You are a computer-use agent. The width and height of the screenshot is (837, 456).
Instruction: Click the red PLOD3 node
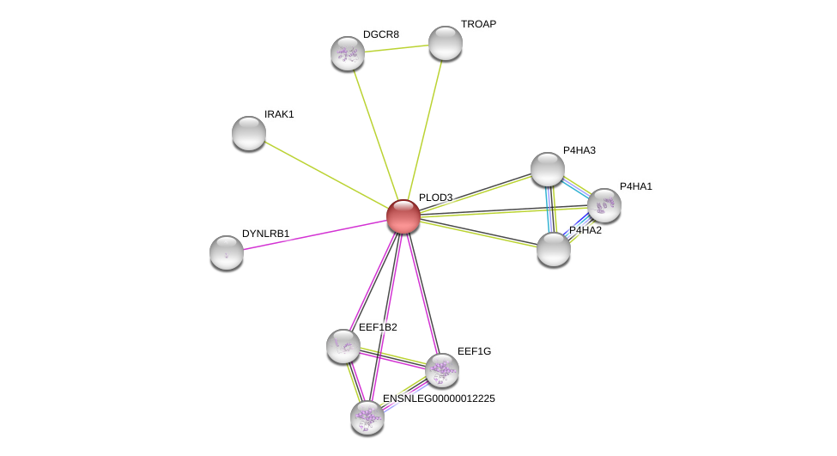click(x=403, y=216)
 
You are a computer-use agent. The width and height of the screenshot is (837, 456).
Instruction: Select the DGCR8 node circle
click(x=348, y=53)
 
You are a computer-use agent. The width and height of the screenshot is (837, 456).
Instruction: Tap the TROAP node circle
click(x=446, y=43)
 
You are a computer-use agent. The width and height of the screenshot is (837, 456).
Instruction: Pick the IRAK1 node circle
click(x=249, y=133)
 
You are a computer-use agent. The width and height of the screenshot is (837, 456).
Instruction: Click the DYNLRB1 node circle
click(x=227, y=252)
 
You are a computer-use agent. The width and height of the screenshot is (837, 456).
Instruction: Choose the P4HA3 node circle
click(x=548, y=169)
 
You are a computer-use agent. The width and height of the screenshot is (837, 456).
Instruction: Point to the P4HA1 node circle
click(x=604, y=205)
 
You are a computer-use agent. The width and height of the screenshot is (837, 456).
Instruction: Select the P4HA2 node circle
click(x=554, y=249)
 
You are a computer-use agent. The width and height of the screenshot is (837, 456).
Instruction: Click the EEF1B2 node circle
click(x=343, y=346)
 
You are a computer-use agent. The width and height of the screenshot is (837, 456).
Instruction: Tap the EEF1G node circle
click(x=442, y=370)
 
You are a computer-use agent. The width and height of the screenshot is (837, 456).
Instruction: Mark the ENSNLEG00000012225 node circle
click(x=367, y=417)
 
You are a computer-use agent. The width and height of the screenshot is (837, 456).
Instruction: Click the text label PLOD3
click(x=435, y=198)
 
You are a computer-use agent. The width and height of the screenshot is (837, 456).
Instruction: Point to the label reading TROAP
click(x=478, y=24)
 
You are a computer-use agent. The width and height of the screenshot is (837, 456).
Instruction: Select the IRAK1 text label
click(x=279, y=114)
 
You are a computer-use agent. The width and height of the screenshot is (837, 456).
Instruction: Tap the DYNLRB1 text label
click(x=265, y=234)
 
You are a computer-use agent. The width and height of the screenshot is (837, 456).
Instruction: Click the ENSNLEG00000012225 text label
click(x=439, y=398)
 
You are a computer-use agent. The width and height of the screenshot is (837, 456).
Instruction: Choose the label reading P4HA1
click(x=635, y=186)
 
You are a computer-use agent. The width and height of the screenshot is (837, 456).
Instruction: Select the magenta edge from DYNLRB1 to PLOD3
click(x=314, y=234)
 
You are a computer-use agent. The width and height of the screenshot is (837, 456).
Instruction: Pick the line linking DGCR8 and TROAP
click(x=397, y=48)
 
